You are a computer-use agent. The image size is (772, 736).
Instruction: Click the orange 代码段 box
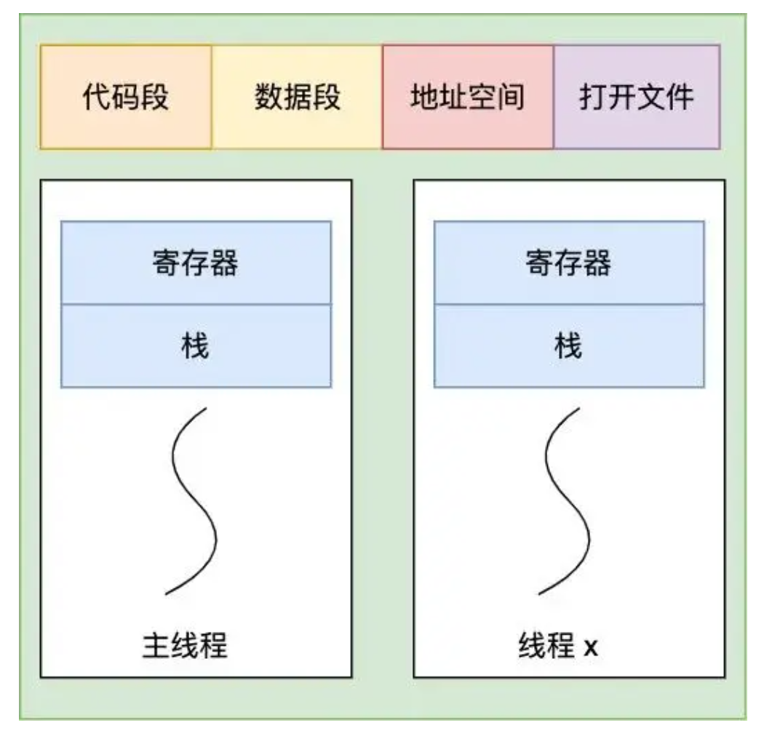125,97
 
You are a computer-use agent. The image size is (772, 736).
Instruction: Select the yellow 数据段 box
297,97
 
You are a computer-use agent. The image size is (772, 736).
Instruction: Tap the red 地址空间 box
468,97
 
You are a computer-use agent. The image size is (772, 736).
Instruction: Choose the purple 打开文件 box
637,97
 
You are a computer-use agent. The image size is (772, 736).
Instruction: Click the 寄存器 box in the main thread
196,263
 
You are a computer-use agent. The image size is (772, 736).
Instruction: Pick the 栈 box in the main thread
196,345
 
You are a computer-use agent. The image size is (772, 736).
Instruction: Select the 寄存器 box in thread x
569,263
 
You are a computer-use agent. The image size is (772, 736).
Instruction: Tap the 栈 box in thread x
569,345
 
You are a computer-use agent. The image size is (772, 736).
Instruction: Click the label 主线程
184,645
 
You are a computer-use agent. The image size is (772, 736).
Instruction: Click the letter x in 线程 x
590,647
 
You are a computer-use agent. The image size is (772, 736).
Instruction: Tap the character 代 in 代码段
96,97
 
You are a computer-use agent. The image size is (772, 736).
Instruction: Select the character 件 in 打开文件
680,97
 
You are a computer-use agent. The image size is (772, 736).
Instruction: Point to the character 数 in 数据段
268,97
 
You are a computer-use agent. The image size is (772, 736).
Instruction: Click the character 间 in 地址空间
511,97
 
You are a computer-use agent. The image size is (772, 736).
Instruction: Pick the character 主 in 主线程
155,645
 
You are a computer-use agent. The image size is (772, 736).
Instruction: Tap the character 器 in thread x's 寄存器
597,263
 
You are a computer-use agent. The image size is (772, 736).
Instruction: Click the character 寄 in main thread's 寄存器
167,263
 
